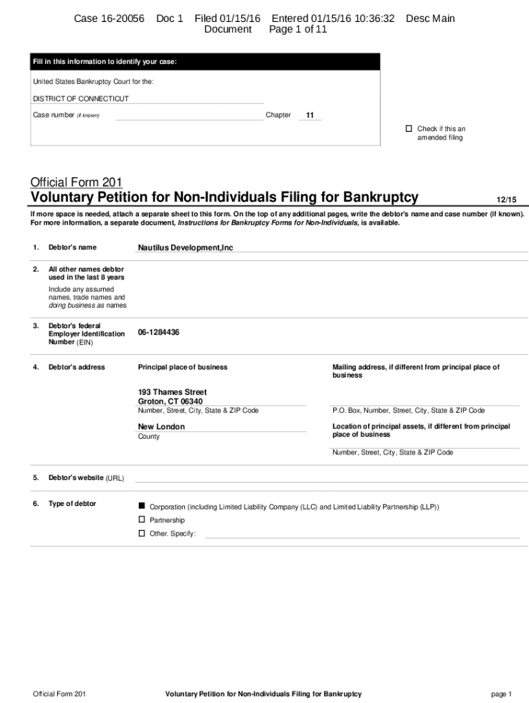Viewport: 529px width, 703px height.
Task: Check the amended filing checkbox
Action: coord(408,129)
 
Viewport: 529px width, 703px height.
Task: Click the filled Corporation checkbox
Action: coord(142,505)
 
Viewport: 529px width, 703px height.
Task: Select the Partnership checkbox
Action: coord(142,520)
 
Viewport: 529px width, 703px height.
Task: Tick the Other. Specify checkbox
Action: coord(142,533)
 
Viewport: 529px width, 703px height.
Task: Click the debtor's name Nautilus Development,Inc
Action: coord(185,248)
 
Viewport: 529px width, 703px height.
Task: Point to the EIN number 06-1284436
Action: coord(159,332)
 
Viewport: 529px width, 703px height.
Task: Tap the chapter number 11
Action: coord(310,115)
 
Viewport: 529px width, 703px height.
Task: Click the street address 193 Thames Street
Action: coord(172,392)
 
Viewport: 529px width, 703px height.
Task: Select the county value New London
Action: coord(161,427)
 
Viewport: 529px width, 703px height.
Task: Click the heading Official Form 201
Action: coord(76,182)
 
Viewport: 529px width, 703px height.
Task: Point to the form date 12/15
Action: coord(506,200)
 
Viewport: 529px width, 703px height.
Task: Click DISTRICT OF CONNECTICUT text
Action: coord(80,99)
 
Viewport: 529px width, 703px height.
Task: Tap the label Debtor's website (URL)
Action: coord(86,478)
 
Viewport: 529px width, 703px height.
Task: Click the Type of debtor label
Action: coord(72,504)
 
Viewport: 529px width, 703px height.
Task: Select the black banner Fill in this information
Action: coord(205,62)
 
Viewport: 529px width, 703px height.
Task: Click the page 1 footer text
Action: coord(502,695)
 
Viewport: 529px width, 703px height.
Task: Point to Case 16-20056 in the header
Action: coord(109,19)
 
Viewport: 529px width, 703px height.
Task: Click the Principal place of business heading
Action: coord(183,367)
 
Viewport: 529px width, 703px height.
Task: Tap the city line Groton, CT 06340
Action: coord(170,402)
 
